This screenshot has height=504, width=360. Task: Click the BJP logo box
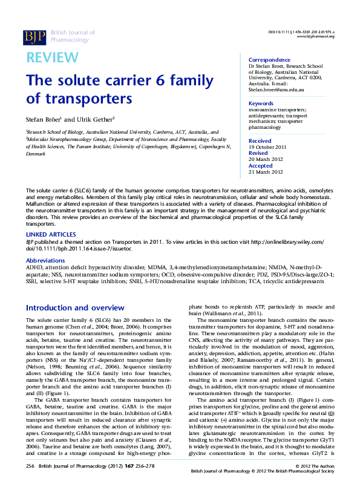tap(34, 37)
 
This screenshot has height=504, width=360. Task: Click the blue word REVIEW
tap(52, 57)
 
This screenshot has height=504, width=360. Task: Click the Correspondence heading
tap(269, 60)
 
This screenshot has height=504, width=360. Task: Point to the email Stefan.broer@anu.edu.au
tap(276, 90)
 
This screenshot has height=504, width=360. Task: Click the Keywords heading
tap(261, 103)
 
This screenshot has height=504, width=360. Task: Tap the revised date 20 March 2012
tap(266, 159)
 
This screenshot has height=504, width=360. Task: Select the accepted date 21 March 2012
tap(266, 172)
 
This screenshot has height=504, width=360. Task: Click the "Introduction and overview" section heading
tap(75, 307)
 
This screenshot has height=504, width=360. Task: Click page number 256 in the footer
tap(31, 483)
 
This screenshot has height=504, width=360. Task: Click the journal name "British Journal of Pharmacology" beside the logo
tap(73, 37)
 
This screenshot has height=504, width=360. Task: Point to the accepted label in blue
tap(261, 166)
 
